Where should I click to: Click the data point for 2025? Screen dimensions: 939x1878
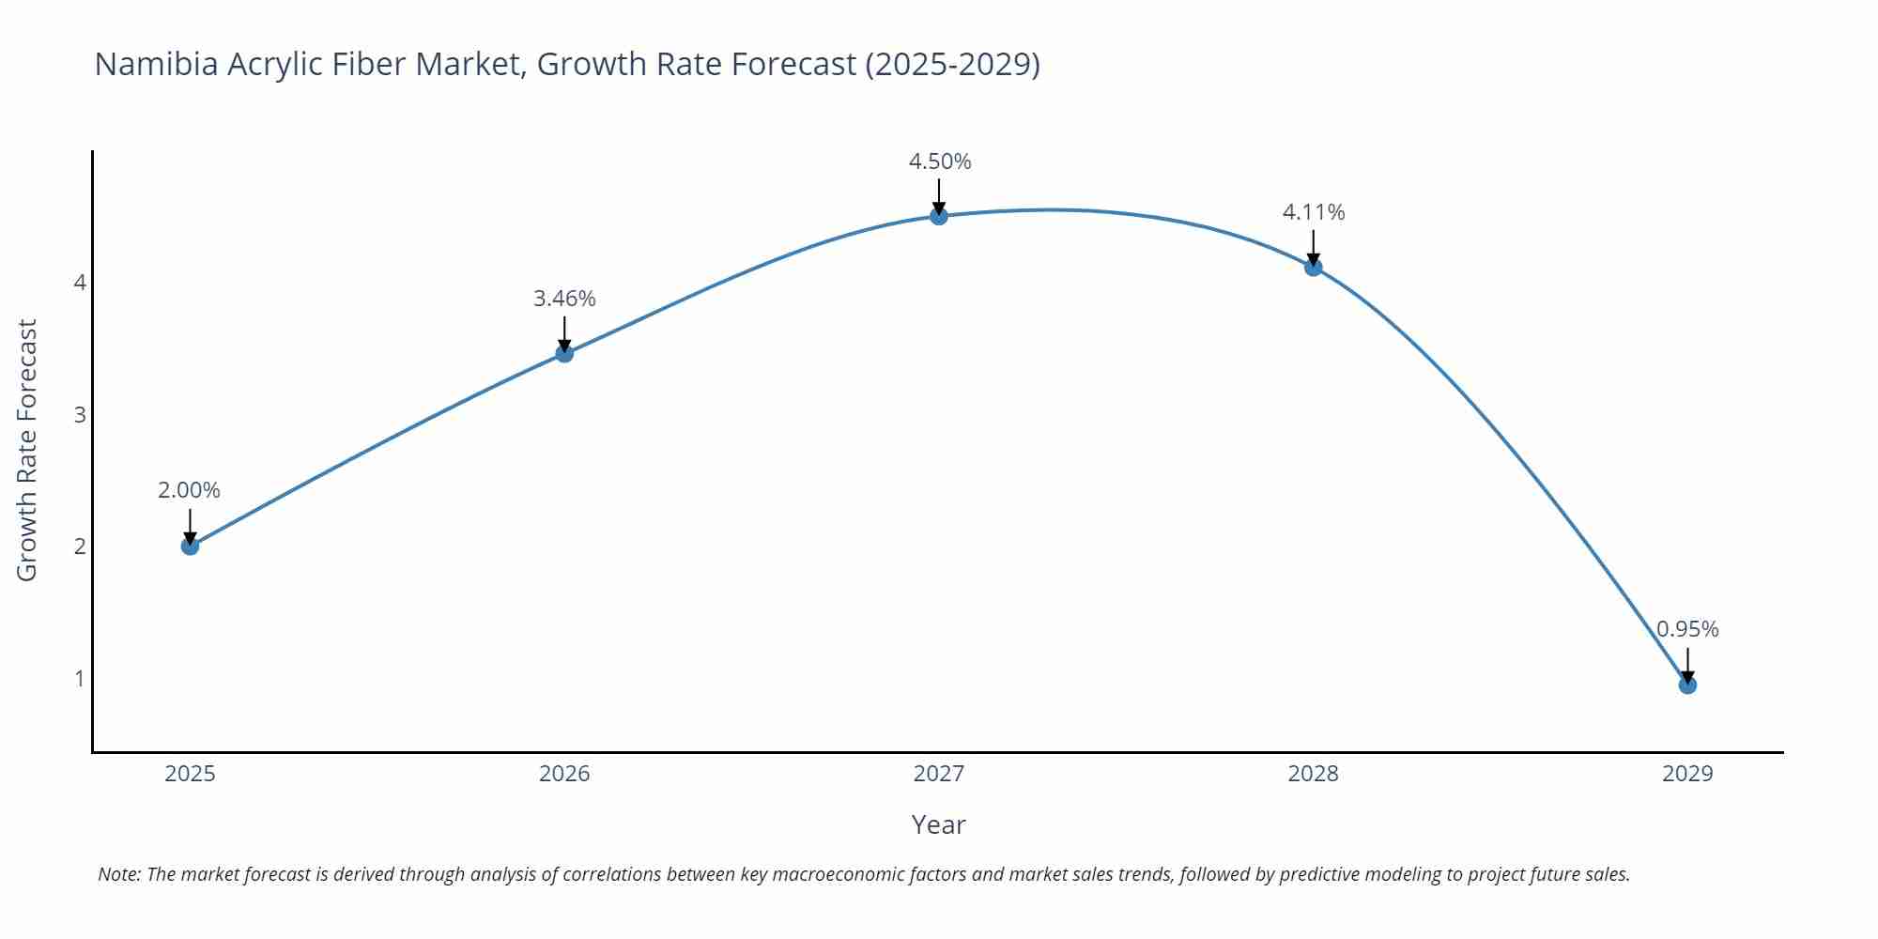coord(190,546)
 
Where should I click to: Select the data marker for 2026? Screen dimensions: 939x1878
coord(564,353)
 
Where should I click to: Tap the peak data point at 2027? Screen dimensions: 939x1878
coord(939,216)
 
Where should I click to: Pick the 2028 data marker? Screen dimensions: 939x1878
coord(1314,268)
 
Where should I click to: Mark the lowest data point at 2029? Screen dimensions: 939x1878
coord(1687,685)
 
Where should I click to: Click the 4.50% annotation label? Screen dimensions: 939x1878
coord(940,162)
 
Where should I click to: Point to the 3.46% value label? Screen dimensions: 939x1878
coord(564,299)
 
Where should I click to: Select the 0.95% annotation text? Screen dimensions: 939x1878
coord(1687,629)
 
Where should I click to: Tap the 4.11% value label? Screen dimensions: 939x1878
coord(1314,212)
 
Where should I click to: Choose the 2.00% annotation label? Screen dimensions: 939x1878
coord(189,490)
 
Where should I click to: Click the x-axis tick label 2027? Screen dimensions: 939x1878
coord(939,774)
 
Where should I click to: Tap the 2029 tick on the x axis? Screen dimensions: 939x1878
coord(1687,774)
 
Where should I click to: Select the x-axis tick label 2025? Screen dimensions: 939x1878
coord(190,774)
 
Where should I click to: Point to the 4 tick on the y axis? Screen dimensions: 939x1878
coord(80,283)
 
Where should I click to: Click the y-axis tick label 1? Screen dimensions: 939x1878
coord(80,678)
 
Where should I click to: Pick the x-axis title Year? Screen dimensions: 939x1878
coord(938,824)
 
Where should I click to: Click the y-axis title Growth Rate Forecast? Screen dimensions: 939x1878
coord(27,450)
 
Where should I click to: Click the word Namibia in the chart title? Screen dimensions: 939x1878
coord(157,64)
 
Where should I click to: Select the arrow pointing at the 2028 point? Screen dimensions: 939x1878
coord(1314,248)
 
